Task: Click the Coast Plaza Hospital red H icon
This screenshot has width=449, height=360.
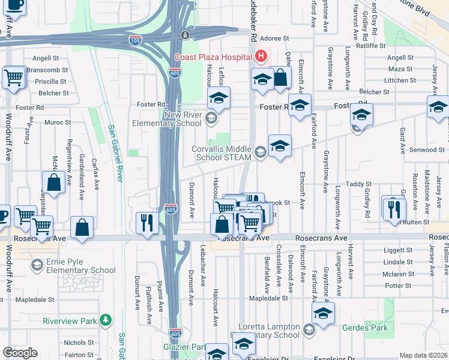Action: (261, 57)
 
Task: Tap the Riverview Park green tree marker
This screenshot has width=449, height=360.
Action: (106, 319)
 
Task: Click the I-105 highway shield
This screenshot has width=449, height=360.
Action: (135, 40)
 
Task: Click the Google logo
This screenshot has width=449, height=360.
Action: (20, 353)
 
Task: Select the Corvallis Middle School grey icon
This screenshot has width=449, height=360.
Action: (260, 152)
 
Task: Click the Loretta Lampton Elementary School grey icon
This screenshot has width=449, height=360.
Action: (309, 329)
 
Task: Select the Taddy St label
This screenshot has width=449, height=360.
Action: (359, 184)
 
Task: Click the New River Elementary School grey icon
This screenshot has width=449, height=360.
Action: (211, 118)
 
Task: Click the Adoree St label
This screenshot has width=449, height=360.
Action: (279, 38)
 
